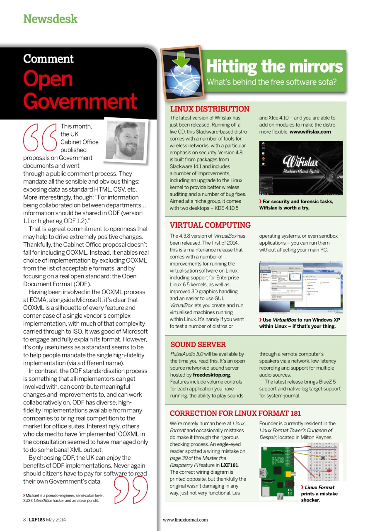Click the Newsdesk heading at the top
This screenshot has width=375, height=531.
point(50,19)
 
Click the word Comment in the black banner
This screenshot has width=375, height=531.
point(48,59)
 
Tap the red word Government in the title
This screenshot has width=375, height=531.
point(80,101)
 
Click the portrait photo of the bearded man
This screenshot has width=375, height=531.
point(126,141)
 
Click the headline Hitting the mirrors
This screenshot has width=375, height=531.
point(274,66)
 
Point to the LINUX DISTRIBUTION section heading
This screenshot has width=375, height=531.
point(210,109)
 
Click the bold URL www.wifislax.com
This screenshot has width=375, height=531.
point(310,132)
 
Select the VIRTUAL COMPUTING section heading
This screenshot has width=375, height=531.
point(210,225)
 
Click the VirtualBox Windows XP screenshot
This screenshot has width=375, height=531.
point(301,287)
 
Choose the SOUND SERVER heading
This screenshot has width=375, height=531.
point(198,344)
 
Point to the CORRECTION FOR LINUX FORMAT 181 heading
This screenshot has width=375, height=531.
point(235,413)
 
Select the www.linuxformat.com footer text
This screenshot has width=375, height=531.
point(185,520)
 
